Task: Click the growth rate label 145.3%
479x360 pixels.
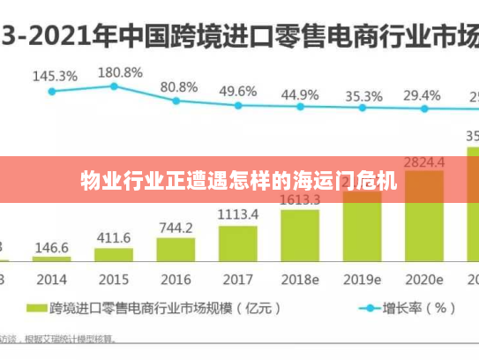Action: tap(55, 76)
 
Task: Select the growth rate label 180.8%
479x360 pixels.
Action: tap(119, 71)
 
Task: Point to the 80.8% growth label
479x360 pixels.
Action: tap(179, 86)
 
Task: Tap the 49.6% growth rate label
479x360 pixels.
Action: tap(238, 91)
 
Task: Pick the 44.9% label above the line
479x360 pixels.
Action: tap(300, 94)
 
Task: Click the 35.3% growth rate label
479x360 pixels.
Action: tap(363, 95)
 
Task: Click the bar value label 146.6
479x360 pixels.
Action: tap(52, 249)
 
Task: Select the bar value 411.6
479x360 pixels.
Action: tap(114, 238)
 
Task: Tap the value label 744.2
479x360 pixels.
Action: tap(176, 228)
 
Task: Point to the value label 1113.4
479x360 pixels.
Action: tap(237, 214)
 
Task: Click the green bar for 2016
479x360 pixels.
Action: tap(176, 250)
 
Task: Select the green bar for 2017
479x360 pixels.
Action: tap(237, 244)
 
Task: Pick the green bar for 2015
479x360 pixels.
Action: tap(114, 255)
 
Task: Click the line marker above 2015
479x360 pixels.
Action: tap(114, 86)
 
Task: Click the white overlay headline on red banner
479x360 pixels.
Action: tap(239, 182)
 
